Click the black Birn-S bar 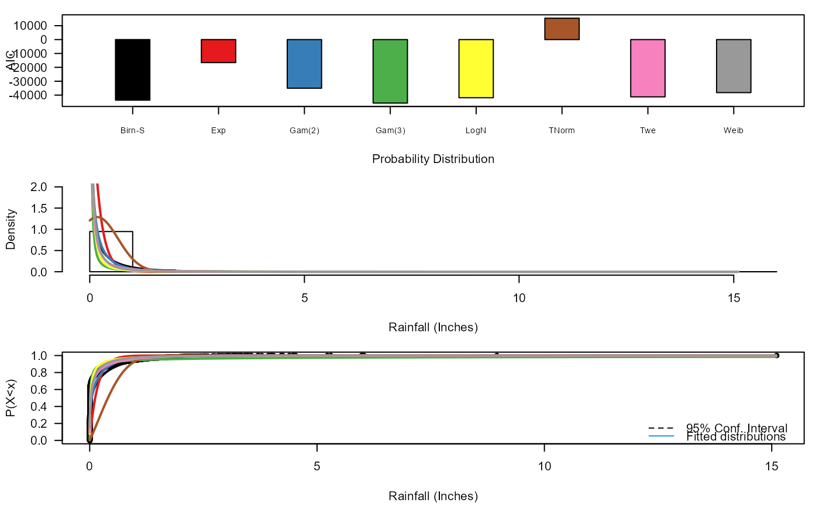click(x=132, y=70)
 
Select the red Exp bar click(x=218, y=51)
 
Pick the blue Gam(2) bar click(x=304, y=64)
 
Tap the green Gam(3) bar click(x=390, y=71)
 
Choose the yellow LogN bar click(x=476, y=68)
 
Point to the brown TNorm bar click(x=562, y=29)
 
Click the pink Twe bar click(x=648, y=68)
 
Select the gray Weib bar click(x=734, y=66)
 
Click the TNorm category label click(x=562, y=131)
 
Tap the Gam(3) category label click(x=390, y=131)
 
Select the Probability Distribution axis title click(x=433, y=159)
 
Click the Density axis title click(x=11, y=230)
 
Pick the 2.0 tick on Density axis click(x=47, y=187)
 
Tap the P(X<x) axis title click(x=11, y=398)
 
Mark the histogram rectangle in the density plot click(x=111, y=251)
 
